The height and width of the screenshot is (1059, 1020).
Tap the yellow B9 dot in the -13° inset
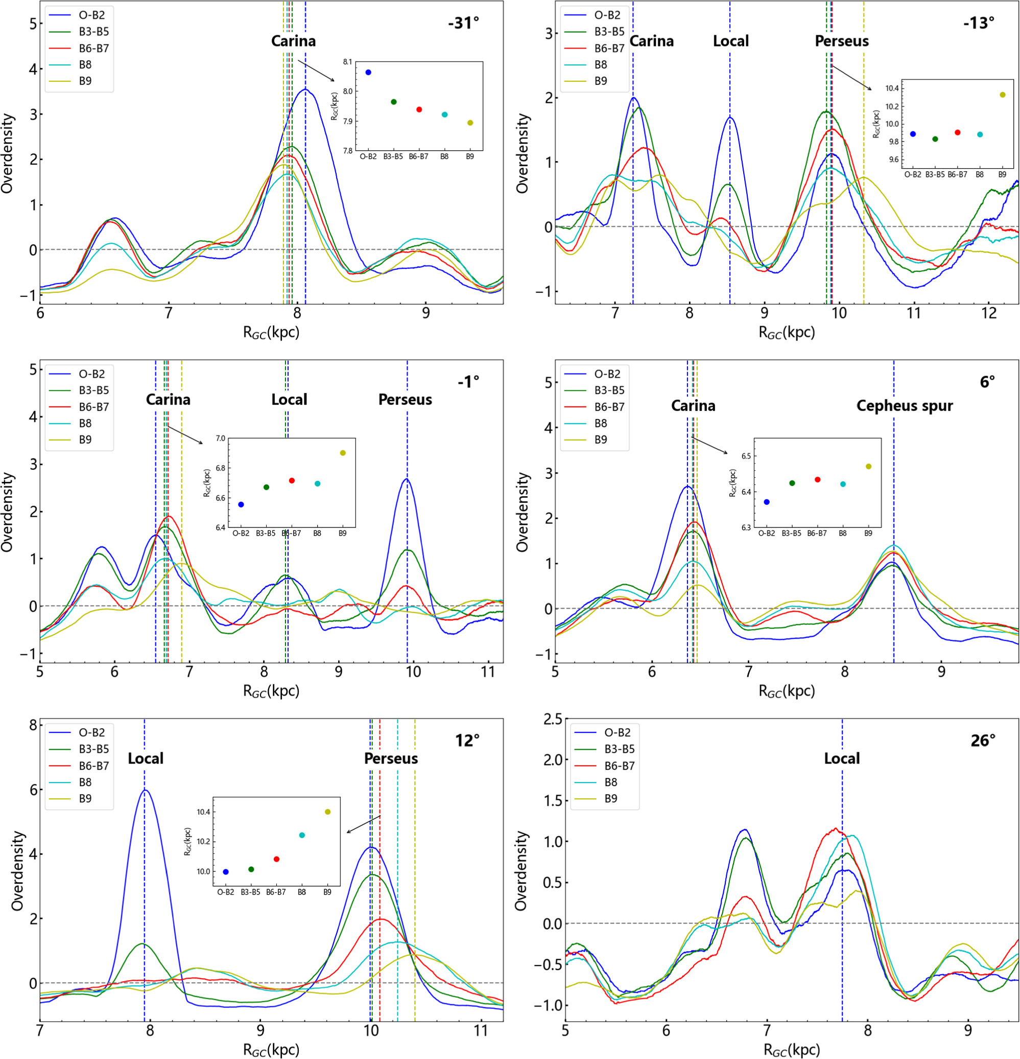[1002, 95]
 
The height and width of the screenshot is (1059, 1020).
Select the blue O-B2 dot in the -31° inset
[368, 72]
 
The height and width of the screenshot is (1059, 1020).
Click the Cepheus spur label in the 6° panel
[905, 406]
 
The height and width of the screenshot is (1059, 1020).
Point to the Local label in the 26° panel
[841, 758]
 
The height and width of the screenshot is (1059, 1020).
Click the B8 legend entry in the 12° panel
[85, 782]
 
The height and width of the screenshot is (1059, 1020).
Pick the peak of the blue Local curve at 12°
[145, 790]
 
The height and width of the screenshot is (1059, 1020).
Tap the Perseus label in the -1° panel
[405, 400]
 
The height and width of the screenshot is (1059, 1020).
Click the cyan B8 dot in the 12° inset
[302, 835]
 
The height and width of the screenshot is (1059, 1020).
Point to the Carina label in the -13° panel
[652, 41]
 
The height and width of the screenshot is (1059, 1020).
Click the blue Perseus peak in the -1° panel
[407, 479]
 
